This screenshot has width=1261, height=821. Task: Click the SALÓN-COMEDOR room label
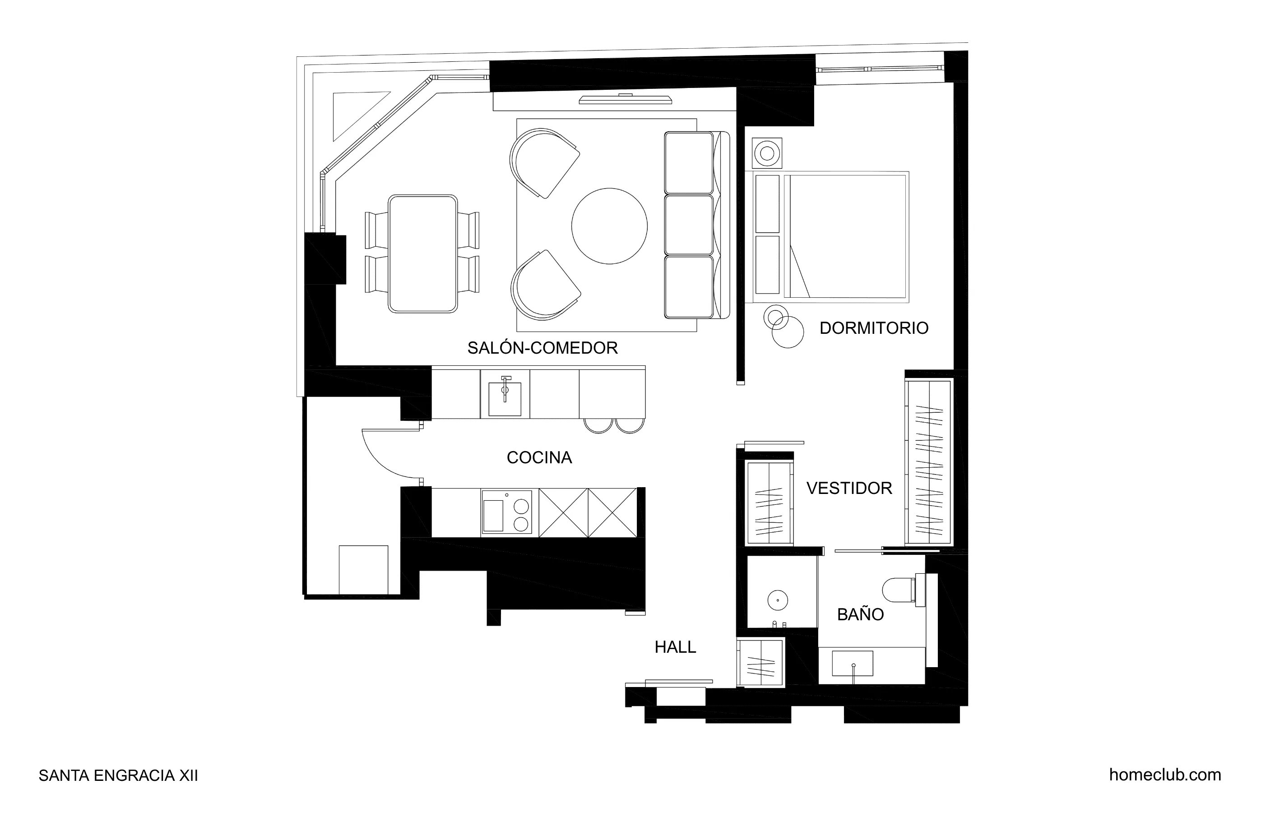tap(542, 348)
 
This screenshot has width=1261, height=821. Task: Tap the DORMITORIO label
tap(874, 328)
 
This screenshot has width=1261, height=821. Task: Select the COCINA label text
tap(539, 458)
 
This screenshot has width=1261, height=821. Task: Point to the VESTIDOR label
tap(849, 489)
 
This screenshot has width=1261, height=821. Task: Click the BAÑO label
tap(860, 614)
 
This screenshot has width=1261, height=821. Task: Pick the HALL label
tap(675, 647)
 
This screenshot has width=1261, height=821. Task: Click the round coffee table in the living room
tap(609, 226)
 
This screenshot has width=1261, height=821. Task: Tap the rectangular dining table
tap(422, 254)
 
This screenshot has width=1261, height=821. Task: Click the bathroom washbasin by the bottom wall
tap(852, 664)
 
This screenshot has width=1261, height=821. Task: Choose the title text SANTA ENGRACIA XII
tap(118, 776)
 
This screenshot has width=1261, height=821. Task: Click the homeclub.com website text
tap(1164, 775)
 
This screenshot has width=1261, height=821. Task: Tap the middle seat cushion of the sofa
tap(689, 225)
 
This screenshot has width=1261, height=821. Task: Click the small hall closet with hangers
tap(760, 662)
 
